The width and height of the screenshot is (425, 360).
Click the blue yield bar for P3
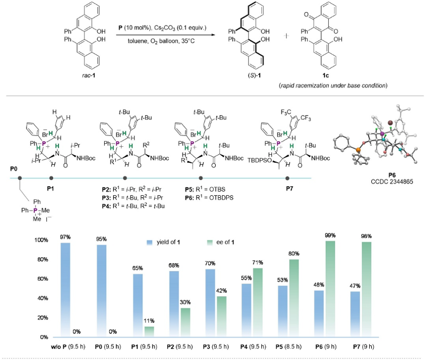(210, 303)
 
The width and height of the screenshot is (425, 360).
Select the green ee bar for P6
(330, 289)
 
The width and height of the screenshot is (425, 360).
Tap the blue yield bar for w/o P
(65, 290)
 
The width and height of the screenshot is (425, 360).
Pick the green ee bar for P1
(149, 332)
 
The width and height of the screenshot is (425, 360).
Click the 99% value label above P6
(330, 236)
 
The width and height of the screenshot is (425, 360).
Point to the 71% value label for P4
(258, 263)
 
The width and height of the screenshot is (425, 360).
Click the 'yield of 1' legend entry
(163, 242)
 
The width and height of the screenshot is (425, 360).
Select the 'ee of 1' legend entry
(220, 242)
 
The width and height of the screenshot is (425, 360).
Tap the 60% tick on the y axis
(42, 279)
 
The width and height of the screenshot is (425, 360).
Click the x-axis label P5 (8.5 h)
(288, 347)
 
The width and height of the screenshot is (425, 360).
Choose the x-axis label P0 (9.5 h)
(108, 347)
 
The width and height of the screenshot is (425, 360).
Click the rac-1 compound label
(89, 75)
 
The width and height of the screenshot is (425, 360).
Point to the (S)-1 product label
(254, 75)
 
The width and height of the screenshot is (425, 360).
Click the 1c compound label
(325, 75)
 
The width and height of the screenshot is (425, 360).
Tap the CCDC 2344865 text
(392, 181)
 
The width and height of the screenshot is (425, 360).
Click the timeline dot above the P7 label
(287, 178)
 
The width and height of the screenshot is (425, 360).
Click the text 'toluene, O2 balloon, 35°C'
(161, 41)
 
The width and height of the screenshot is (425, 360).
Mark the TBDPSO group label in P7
(260, 161)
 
